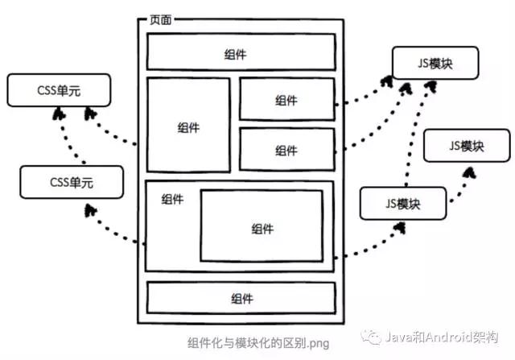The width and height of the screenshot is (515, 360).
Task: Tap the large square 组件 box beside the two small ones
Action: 188,125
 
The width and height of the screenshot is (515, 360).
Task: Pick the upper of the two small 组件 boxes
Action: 286,100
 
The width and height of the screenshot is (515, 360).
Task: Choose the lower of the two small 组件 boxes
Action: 286,150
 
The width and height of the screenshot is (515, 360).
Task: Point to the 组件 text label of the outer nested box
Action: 171,199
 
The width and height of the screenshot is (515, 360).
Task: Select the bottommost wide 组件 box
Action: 240,297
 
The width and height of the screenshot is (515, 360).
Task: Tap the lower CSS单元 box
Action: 71,182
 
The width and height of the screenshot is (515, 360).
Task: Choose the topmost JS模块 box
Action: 435,63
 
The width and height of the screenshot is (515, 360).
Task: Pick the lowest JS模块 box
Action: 402,202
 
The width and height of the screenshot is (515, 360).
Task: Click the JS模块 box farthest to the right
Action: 467,146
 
